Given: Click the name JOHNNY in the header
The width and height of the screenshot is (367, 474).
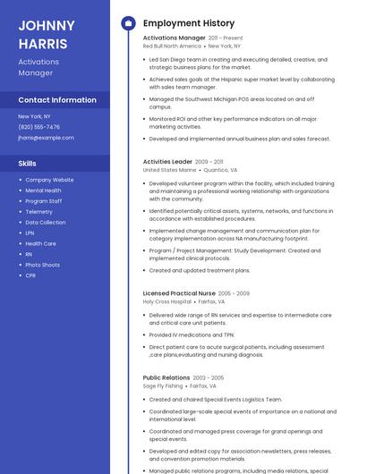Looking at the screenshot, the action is point(46,24).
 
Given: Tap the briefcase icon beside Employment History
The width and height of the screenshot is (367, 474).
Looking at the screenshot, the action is point(128,23).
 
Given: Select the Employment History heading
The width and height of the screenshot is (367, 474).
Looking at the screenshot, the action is point(188,23).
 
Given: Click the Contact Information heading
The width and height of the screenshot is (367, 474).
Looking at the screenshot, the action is point(57,100).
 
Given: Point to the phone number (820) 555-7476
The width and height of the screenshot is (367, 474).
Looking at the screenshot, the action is point(39,127).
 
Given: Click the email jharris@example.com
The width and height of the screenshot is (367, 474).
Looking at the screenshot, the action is point(46,138).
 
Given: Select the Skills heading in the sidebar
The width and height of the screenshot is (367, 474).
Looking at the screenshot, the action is point(28,164).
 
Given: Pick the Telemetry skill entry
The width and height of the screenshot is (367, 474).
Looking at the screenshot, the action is point(38,212).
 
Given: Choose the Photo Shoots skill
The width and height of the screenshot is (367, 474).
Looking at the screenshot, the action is point(42,265).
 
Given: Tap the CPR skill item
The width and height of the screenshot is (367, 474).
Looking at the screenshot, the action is point(30,275).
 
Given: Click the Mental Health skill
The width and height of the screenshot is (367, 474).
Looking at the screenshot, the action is point(43,190).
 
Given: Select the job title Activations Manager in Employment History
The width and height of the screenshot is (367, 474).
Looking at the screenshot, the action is point(174,38).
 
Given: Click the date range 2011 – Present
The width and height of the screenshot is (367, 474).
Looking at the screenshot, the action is point(226,38).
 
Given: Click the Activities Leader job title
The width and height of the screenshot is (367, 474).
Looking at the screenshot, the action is point(167,161).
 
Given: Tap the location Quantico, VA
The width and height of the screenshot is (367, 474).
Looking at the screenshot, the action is point(220,169).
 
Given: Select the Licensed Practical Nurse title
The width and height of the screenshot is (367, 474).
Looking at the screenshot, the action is point(179,293).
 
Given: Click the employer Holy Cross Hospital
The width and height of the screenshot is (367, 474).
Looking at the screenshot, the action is point(166,301).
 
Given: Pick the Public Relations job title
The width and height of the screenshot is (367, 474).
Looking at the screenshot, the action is point(166,377).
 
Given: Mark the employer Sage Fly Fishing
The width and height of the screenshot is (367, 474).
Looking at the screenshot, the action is point(162,385).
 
